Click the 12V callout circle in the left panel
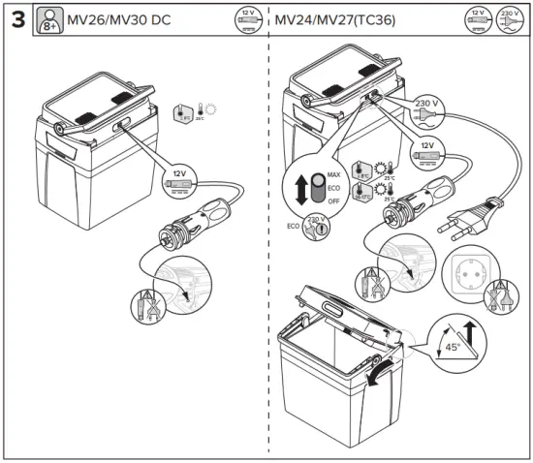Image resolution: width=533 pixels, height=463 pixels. (x=177, y=179)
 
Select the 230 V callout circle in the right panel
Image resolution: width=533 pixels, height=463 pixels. (x=427, y=105)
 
